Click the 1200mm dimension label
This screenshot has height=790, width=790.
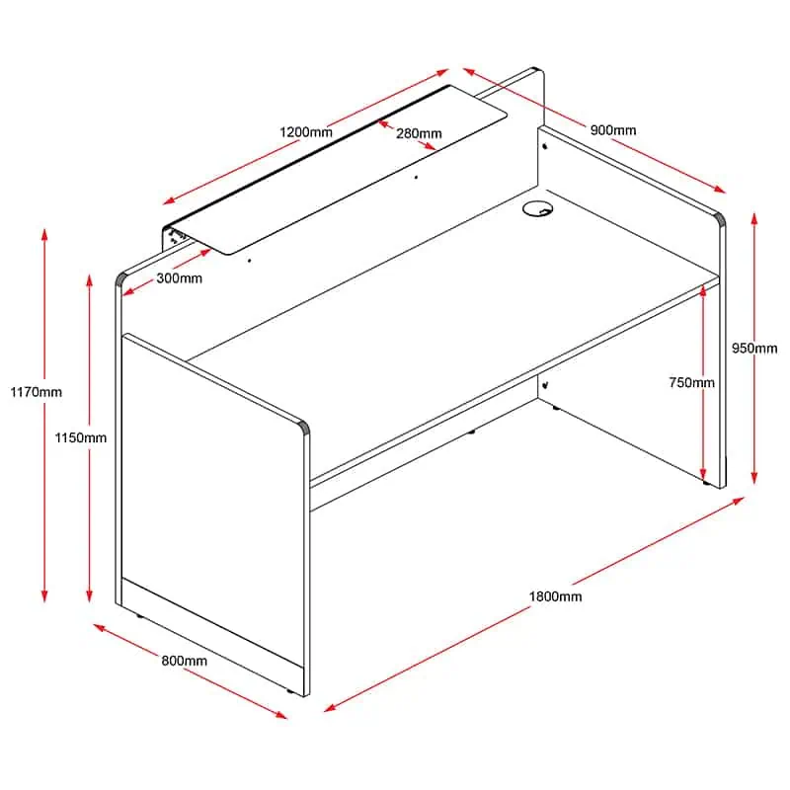(x=306, y=132)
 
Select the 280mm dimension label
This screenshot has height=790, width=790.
(x=419, y=133)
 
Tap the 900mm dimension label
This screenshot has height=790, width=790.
(x=612, y=130)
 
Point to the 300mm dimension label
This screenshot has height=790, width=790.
(x=180, y=278)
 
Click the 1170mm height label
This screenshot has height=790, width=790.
(x=37, y=392)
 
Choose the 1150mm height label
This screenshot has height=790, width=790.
(x=81, y=437)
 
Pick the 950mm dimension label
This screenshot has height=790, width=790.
(x=754, y=349)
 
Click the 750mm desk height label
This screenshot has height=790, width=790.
(x=691, y=383)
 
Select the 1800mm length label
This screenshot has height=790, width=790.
(x=555, y=596)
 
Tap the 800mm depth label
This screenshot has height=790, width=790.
(x=184, y=661)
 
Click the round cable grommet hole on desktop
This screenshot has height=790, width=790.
(x=537, y=208)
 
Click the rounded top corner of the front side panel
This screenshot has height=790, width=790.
(x=304, y=427)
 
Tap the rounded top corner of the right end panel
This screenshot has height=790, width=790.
(x=720, y=218)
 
